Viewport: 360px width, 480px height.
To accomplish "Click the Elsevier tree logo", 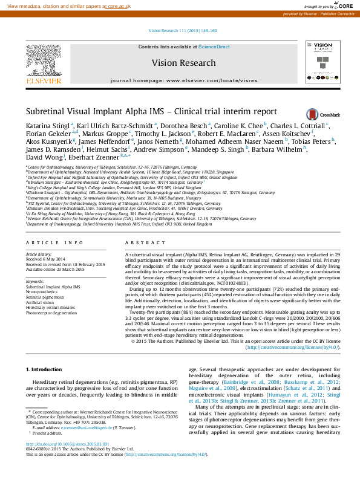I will (x=43, y=63).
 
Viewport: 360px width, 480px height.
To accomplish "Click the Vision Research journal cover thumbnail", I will (x=321, y=62).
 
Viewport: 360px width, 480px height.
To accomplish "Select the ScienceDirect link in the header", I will (x=214, y=47).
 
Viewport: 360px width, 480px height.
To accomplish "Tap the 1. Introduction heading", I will (x=46, y=369).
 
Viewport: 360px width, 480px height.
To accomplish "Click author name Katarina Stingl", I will (x=47, y=126).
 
